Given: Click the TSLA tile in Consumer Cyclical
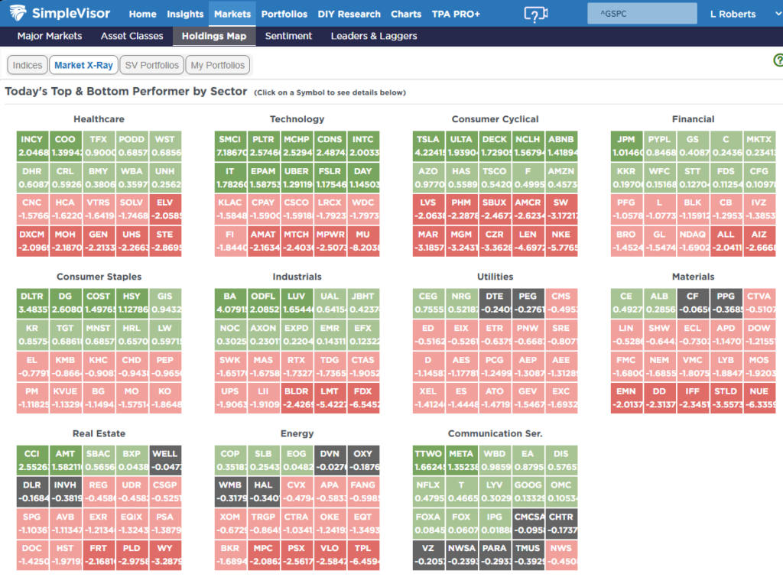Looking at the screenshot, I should tap(428, 144).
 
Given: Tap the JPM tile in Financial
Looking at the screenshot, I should tap(626, 144).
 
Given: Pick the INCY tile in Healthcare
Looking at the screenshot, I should tap(32, 144).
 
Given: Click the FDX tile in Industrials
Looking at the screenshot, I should tap(362, 399).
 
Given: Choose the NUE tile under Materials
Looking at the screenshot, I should tap(759, 399).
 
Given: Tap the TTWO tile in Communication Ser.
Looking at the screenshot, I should tap(428, 461).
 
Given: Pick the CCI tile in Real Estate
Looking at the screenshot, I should tap(32, 461).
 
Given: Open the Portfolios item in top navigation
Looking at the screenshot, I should tap(284, 14).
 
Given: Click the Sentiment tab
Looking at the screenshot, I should tap(288, 36).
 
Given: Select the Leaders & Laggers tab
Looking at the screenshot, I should tap(374, 36).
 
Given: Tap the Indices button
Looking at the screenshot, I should tap(28, 65).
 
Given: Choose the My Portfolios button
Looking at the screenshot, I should tap(218, 65).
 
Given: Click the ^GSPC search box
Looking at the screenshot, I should tap(642, 14).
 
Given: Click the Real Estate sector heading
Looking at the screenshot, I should tap(99, 434).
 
